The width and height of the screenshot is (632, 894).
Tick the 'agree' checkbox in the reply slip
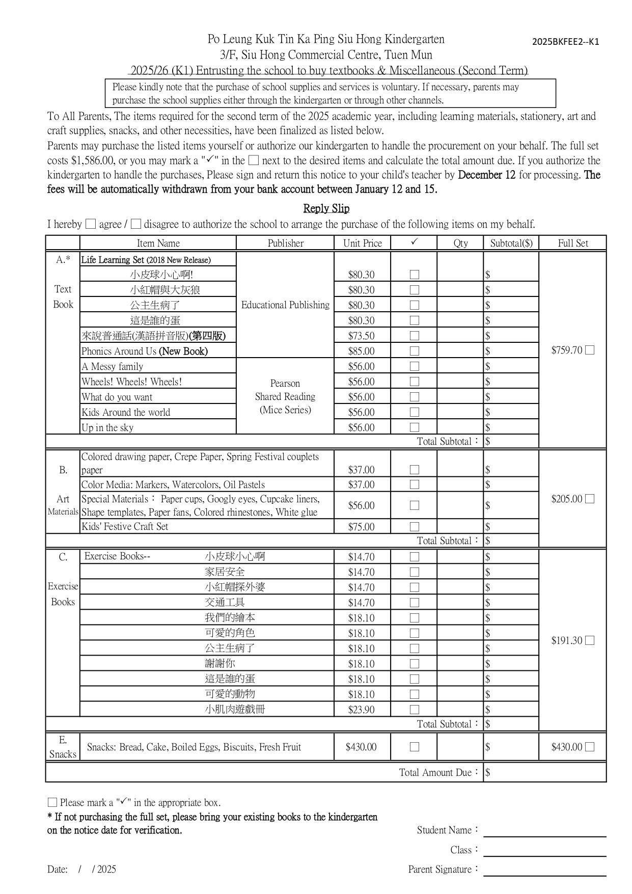pyautogui.click(x=91, y=224)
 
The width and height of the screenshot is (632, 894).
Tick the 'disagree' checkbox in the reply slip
pyautogui.click(x=135, y=224)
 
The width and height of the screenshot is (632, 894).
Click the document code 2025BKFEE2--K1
pyautogui.click(x=565, y=42)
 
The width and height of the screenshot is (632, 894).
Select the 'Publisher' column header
pyautogui.click(x=285, y=243)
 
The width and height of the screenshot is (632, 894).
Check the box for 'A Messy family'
pyautogui.click(x=415, y=366)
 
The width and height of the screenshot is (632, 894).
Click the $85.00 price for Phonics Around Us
pyautogui.click(x=361, y=351)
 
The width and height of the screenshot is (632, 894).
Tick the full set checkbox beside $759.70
pyautogui.click(x=590, y=350)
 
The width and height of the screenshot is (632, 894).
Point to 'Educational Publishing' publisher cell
pyautogui.click(x=285, y=305)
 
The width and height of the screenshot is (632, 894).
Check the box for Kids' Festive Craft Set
pyautogui.click(x=415, y=527)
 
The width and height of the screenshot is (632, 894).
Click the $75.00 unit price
pyautogui.click(x=361, y=527)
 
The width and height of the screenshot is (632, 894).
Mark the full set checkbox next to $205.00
pyautogui.click(x=590, y=499)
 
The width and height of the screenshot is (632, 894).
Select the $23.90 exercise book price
pyautogui.click(x=361, y=709)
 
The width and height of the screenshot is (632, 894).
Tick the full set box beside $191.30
pyautogui.click(x=590, y=640)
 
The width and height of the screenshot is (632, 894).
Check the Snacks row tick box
pyautogui.click(x=415, y=747)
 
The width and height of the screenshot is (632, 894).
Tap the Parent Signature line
pyautogui.click(x=544, y=872)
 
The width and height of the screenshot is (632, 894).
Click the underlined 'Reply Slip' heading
pyautogui.click(x=326, y=208)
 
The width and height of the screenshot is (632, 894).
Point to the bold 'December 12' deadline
pyautogui.click(x=486, y=175)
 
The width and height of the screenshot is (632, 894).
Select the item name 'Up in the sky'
pyautogui.click(x=107, y=427)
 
